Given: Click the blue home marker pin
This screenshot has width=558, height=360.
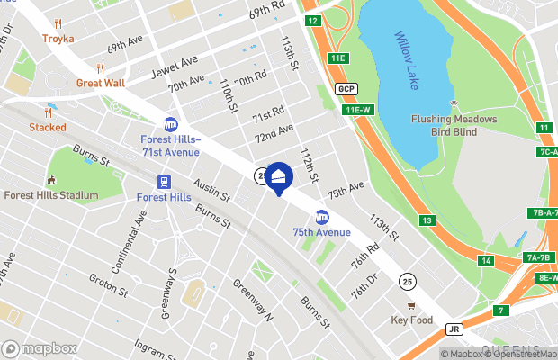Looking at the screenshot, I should click(279, 176).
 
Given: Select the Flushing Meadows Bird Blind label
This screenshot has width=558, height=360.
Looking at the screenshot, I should click(454, 125).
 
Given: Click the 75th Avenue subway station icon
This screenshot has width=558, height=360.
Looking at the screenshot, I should click(321, 217).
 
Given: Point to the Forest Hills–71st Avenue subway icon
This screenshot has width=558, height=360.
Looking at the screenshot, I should click(171, 125).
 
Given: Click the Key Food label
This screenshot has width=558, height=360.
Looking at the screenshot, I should click(412, 319).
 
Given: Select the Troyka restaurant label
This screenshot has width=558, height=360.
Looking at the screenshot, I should click(58, 39).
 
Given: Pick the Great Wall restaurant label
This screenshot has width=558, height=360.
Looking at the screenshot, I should click(100, 83).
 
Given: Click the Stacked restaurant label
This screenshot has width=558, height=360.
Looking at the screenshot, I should click(47, 127).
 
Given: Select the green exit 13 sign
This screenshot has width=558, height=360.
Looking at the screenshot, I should click(427, 220).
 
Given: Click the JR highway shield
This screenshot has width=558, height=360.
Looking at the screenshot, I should click(454, 329).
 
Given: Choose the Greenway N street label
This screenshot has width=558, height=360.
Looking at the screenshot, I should click(253, 300).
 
